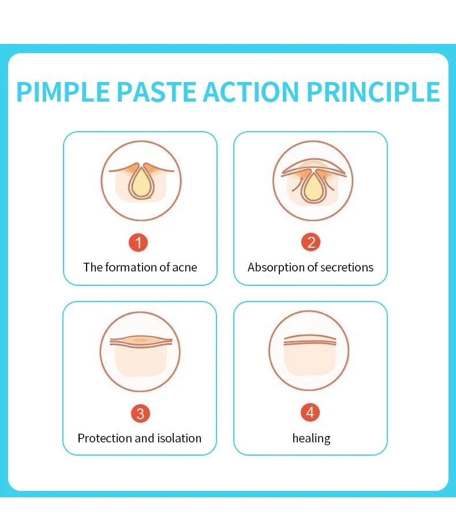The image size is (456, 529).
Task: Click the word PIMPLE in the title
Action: (63, 92)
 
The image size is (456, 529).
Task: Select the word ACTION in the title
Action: (249, 92)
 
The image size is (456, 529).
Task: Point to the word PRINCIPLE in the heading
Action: (373, 92)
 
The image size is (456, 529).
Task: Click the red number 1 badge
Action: (139, 243)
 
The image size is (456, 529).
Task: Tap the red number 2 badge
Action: (311, 243)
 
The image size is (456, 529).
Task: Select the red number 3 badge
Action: (140, 413)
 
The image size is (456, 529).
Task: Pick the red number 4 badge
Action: (311, 412)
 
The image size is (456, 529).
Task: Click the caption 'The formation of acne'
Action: (140, 267)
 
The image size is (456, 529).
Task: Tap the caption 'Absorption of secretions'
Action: (311, 267)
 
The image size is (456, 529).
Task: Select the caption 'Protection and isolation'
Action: (140, 438)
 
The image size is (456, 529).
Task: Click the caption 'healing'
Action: (312, 438)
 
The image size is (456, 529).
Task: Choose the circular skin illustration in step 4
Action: (310, 351)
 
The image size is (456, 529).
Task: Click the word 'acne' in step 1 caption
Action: (185, 267)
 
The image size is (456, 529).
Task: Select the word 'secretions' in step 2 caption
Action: (346, 267)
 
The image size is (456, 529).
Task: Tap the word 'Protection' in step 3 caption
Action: (104, 438)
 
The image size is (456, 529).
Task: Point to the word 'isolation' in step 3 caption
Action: (179, 438)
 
